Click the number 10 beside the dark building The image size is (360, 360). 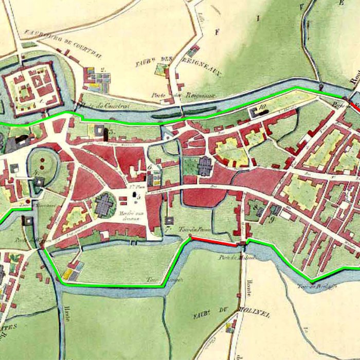click(x=263, y=107)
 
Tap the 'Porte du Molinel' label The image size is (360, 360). click(x=230, y=258)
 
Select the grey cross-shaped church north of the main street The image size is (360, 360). click(x=205, y=166)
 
